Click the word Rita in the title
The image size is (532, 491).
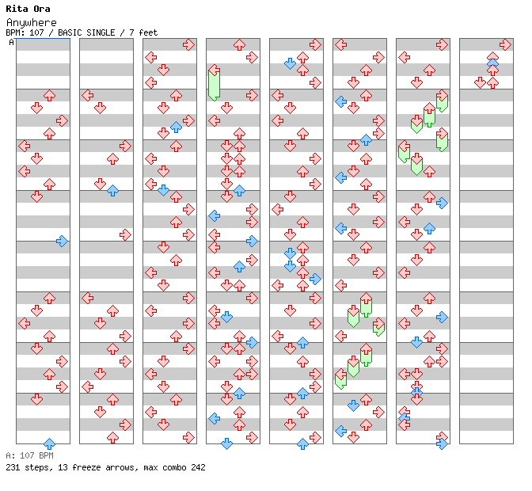click(x=15, y=10)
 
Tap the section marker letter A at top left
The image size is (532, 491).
click(x=11, y=43)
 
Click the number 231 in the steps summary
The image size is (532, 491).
click(x=13, y=467)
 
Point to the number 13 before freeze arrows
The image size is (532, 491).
click(x=60, y=467)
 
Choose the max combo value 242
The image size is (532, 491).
click(x=197, y=467)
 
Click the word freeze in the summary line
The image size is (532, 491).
click(x=85, y=467)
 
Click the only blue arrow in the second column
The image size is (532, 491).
click(x=112, y=190)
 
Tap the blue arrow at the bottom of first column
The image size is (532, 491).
click(x=49, y=443)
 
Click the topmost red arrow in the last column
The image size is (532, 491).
click(x=505, y=44)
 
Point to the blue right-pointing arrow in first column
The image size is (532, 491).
click(x=62, y=241)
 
